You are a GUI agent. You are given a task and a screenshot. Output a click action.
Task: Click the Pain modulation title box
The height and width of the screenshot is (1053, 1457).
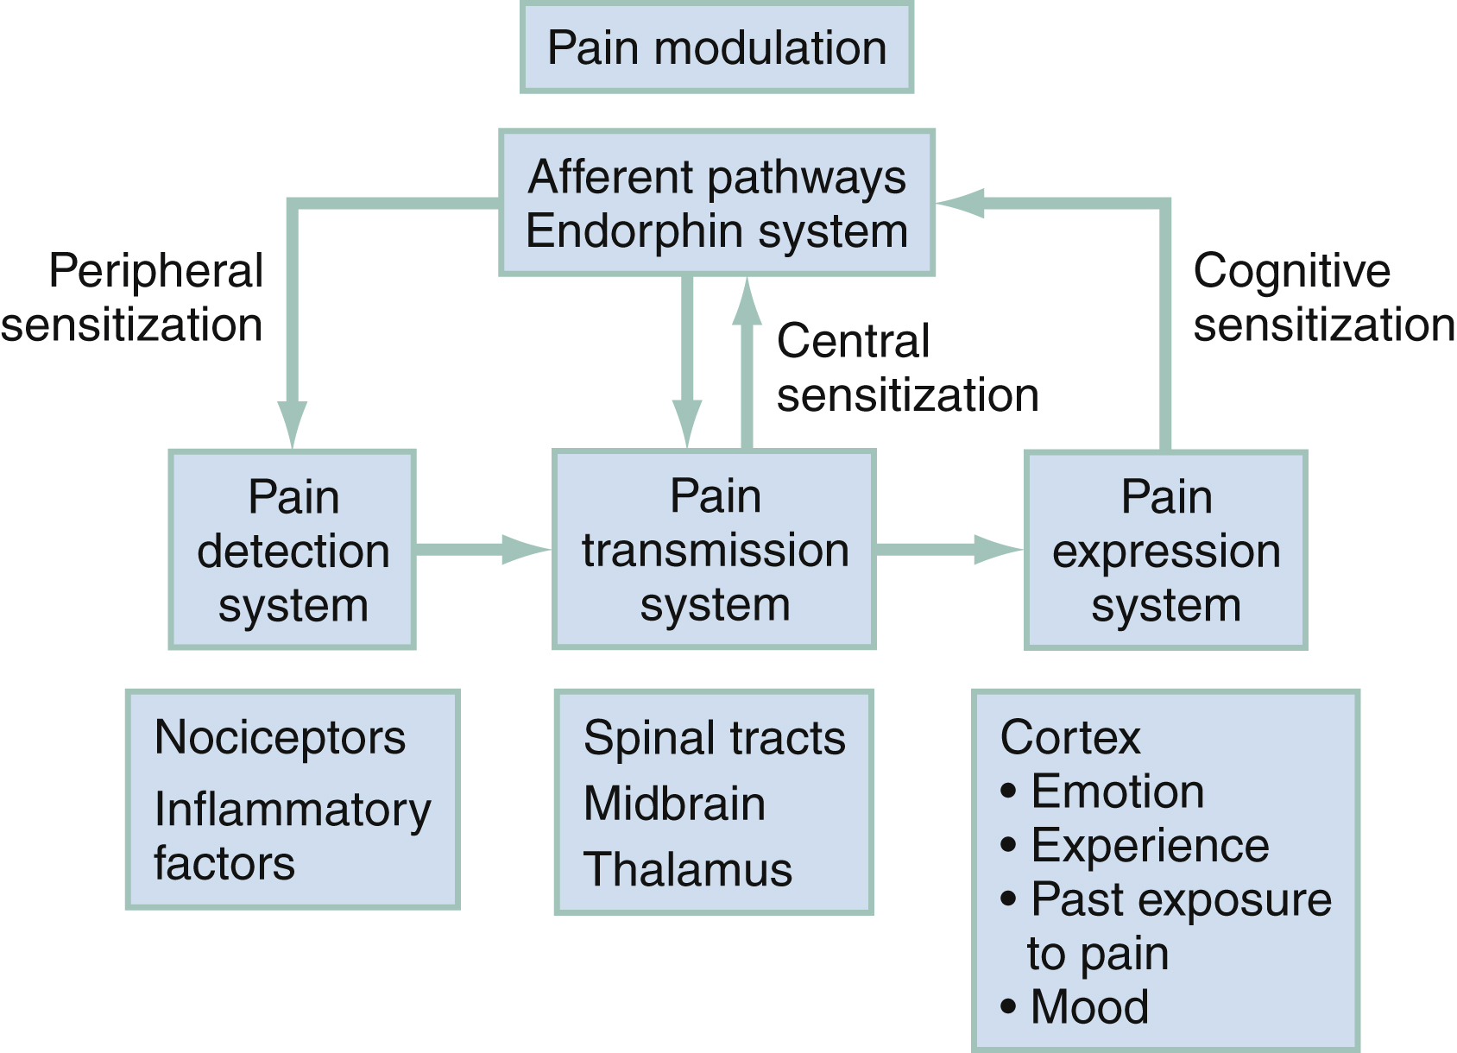pyautogui.click(x=716, y=47)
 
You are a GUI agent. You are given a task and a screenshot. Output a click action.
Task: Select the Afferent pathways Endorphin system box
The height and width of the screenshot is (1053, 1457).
pyautogui.click(x=716, y=204)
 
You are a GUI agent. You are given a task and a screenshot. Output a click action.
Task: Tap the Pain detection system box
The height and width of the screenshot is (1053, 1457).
pyautogui.click(x=293, y=550)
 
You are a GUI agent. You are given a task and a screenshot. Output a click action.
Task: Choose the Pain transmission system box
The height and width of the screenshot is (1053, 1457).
pyautogui.click(x=715, y=549)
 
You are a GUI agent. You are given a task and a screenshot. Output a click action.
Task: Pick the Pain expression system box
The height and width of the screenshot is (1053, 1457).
pyautogui.click(x=1166, y=550)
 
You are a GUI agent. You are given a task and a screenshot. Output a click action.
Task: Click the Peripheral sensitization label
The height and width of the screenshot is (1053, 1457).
pyautogui.click(x=134, y=298)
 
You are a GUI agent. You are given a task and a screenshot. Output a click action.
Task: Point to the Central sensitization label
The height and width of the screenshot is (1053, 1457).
pyautogui.click(x=906, y=368)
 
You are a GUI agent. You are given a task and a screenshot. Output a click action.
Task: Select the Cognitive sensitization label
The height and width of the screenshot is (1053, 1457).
pyautogui.click(x=1322, y=298)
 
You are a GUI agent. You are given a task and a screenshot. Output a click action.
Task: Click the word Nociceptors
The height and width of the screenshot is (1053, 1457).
pyautogui.click(x=280, y=738)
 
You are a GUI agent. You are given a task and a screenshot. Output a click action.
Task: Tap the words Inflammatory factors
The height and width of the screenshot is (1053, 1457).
pyautogui.click(x=292, y=835)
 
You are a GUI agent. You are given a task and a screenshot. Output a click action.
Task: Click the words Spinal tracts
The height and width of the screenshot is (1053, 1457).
pyautogui.click(x=714, y=739)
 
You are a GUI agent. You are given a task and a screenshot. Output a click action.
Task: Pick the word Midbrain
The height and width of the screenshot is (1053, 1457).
pyautogui.click(x=674, y=804)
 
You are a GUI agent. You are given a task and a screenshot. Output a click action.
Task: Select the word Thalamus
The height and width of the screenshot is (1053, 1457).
pyautogui.click(x=687, y=869)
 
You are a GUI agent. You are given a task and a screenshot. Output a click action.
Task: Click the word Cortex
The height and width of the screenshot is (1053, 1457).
pyautogui.click(x=1069, y=738)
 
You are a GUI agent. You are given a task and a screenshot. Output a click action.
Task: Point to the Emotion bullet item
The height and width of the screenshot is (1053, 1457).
pyautogui.click(x=1117, y=791)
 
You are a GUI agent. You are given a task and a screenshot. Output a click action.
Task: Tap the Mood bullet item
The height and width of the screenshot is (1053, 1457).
pyautogui.click(x=1088, y=1006)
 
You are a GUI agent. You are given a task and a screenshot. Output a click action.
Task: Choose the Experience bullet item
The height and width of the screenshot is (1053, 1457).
pyautogui.click(x=1149, y=845)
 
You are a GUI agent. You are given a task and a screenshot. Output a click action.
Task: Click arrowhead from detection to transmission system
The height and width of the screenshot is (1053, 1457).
pyautogui.click(x=525, y=549)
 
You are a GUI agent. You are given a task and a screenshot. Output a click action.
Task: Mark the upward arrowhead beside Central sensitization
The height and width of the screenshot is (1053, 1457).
pyautogui.click(x=747, y=302)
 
